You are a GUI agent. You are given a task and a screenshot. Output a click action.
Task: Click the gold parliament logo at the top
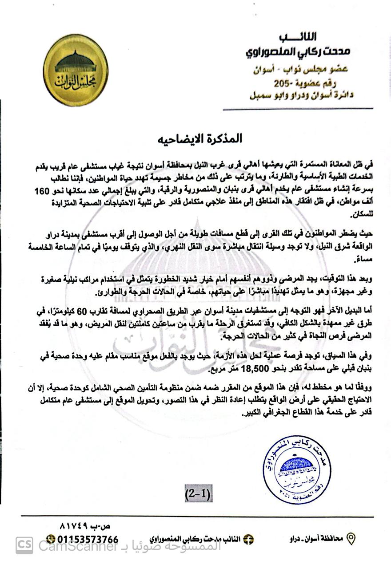click(76, 70)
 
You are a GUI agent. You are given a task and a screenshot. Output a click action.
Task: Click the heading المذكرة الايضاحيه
click(199, 138)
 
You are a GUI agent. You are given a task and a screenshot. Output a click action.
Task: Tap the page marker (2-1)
click(198, 493)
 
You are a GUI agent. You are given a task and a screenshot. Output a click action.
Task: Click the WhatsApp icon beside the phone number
click(51, 540)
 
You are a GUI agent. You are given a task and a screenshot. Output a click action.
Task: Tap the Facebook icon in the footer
click(249, 539)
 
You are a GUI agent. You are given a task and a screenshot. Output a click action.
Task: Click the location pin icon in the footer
click(351, 539)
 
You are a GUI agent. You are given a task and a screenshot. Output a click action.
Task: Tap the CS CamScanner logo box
click(24, 545)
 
